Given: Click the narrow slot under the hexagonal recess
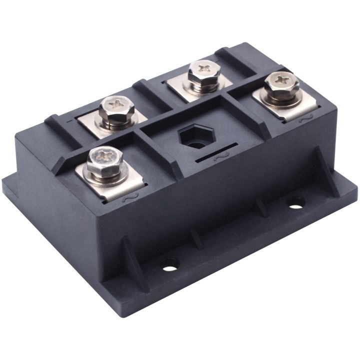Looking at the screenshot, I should [216, 152].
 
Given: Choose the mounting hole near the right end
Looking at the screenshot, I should [295, 202].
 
